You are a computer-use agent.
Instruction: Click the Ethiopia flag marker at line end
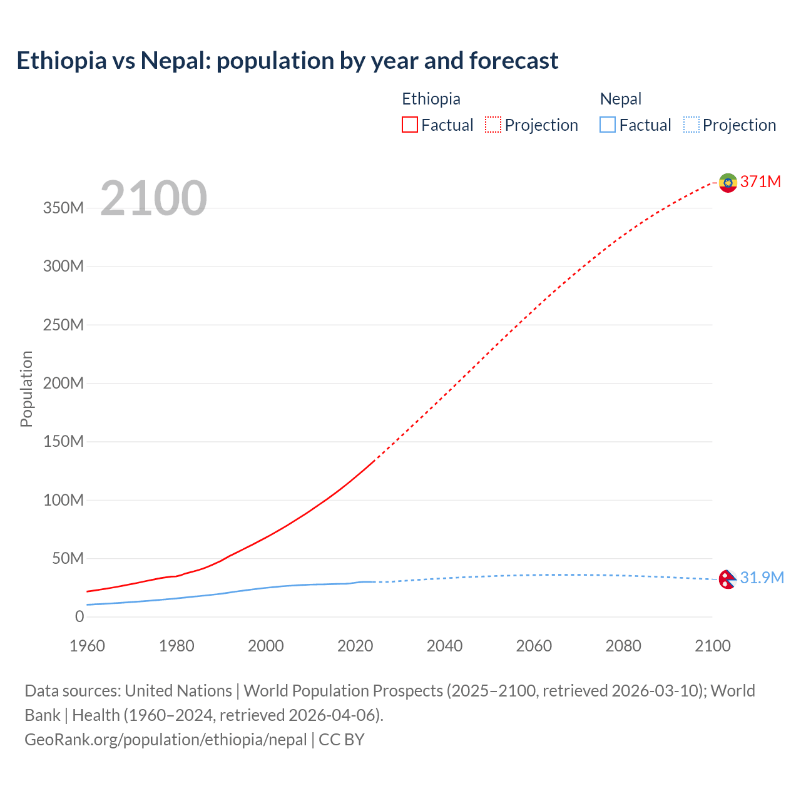pyautogui.click(x=727, y=183)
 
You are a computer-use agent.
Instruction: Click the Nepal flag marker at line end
pyautogui.click(x=727, y=579)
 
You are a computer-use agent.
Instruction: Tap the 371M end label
pyautogui.click(x=760, y=181)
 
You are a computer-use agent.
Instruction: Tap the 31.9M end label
pyautogui.click(x=762, y=578)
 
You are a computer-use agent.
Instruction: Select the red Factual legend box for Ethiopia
pyautogui.click(x=410, y=125)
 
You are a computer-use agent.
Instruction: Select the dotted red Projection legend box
pyautogui.click(x=493, y=125)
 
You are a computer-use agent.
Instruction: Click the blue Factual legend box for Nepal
pyautogui.click(x=608, y=125)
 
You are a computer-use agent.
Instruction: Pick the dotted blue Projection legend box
pyautogui.click(x=691, y=125)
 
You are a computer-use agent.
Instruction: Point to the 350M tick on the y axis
pyautogui.click(x=63, y=208)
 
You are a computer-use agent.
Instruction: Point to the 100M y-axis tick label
pyautogui.click(x=63, y=500)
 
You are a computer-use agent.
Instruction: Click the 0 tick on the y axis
pyautogui.click(x=79, y=616)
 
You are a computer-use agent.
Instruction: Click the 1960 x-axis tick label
pyautogui.click(x=88, y=646)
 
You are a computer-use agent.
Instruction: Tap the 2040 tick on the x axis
pyautogui.click(x=445, y=646)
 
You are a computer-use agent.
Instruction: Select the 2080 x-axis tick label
pyautogui.click(x=623, y=646)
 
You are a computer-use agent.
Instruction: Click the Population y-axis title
pyautogui.click(x=26, y=389)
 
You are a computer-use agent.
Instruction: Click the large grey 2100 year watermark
pyautogui.click(x=153, y=198)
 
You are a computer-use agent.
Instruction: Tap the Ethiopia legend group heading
pyautogui.click(x=431, y=99)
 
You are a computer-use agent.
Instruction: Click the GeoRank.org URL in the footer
pyautogui.click(x=166, y=740)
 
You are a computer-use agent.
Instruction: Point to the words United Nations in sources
pyautogui.click(x=178, y=691)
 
